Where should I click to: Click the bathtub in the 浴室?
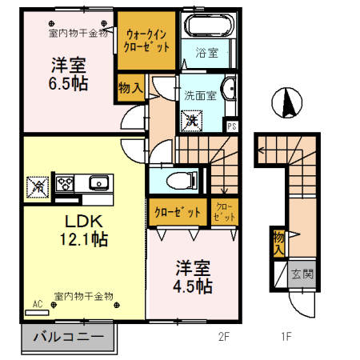[209, 25]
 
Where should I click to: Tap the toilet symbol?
[182, 181]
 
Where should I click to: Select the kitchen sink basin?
[99, 183]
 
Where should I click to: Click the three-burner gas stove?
[65, 183]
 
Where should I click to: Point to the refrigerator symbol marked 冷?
[38, 187]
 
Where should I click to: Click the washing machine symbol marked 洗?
[191, 121]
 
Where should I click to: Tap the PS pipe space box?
[232, 126]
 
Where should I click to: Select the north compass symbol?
[287, 102]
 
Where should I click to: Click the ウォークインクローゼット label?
[146, 41]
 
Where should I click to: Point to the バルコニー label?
[68, 337]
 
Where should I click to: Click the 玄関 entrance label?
[302, 274]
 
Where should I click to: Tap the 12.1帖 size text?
[84, 239]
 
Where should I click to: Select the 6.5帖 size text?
[68, 83]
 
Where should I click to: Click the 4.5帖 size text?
[193, 286]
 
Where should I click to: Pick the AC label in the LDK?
[38, 304]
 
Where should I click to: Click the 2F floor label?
[224, 337]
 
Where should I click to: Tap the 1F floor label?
[286, 337]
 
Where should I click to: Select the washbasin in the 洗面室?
[230, 89]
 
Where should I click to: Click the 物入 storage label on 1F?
[278, 242]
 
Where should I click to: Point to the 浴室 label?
[207, 53]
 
